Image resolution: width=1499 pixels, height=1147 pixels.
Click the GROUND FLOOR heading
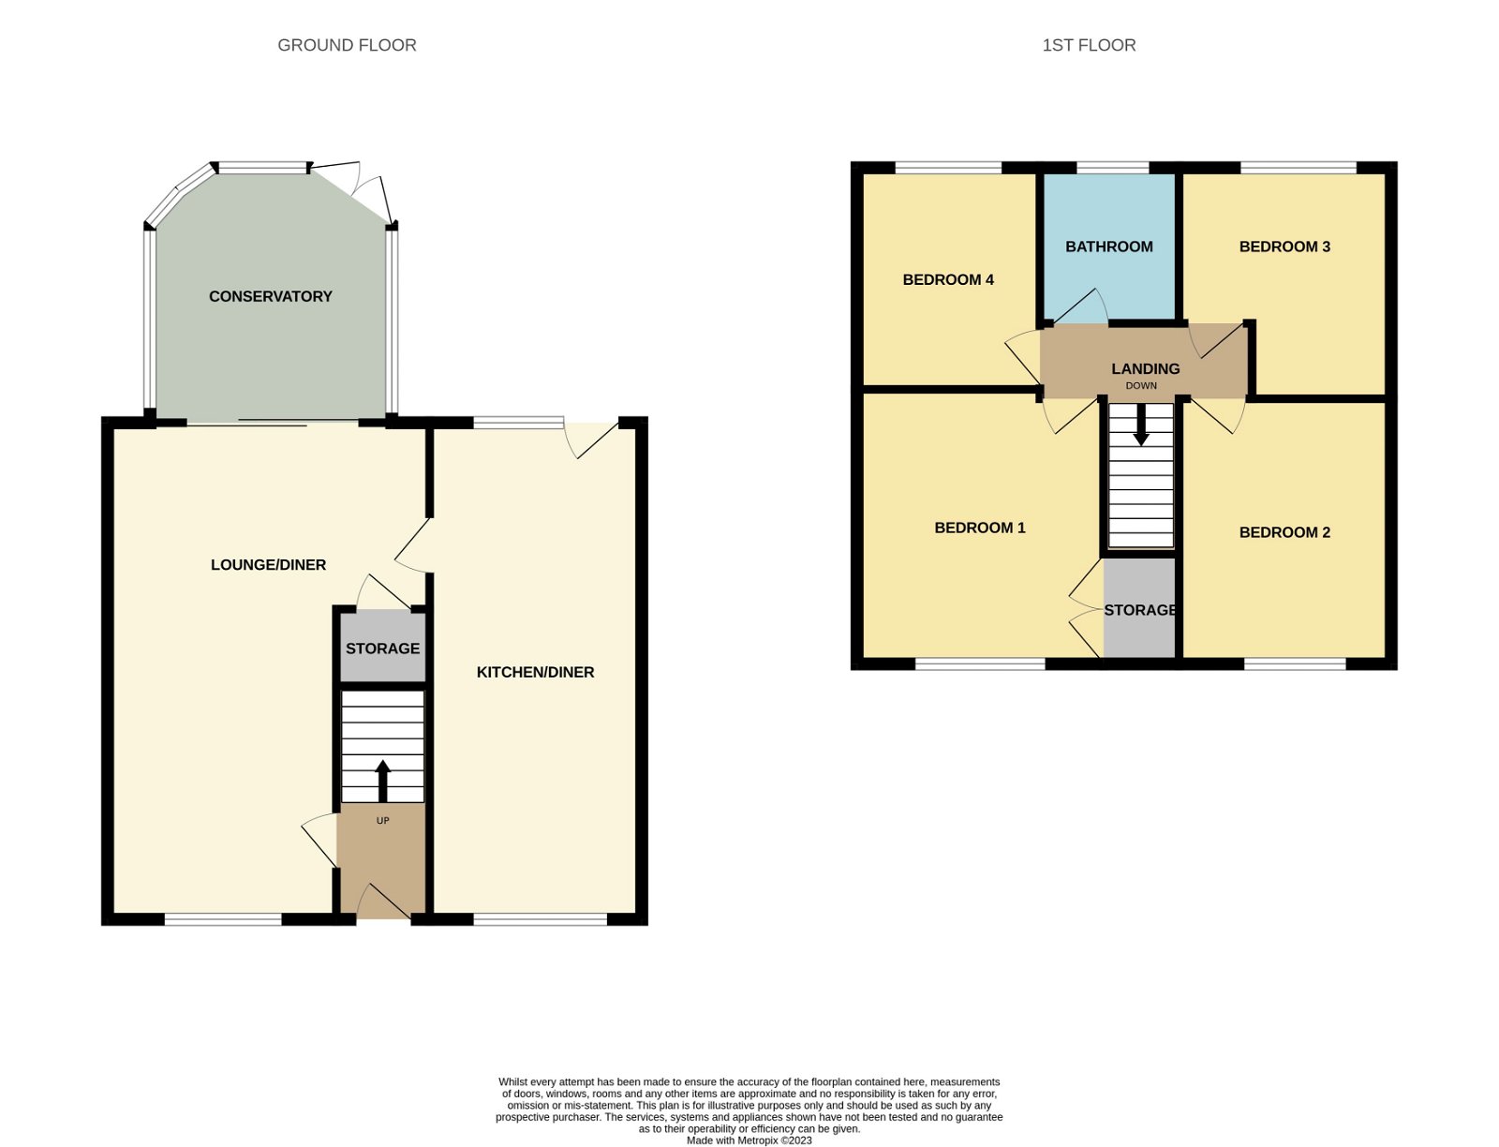[347, 45]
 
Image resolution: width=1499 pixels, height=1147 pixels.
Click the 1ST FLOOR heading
[1089, 45]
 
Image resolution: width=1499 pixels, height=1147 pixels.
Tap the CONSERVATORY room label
[270, 296]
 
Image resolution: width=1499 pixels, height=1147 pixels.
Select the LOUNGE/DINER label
[268, 564]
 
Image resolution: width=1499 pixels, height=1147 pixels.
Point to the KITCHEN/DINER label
[535, 672]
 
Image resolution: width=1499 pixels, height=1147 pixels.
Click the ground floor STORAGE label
[382, 648]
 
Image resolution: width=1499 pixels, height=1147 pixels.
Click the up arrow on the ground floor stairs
[382, 780]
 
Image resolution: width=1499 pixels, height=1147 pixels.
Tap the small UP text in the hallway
[382, 821]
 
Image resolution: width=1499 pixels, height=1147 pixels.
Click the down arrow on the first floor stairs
[1141, 425]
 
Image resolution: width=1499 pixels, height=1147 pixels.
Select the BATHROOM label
[1108, 246]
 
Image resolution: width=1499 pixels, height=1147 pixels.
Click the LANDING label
[1145, 368]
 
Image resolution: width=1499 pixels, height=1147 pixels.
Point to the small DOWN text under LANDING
[1141, 386]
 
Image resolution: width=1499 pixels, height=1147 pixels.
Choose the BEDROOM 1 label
[979, 528]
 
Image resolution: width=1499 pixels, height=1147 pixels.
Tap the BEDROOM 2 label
[1284, 532]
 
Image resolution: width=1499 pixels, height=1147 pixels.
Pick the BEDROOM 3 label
[1284, 246]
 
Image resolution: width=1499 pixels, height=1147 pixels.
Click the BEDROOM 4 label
[947, 279]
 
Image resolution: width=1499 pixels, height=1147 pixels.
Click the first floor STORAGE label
[1140, 610]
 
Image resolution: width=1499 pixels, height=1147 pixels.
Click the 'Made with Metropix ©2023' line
[749, 1140]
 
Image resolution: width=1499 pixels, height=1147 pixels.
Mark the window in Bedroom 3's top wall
[1298, 168]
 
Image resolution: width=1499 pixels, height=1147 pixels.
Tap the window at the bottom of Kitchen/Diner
[540, 920]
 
